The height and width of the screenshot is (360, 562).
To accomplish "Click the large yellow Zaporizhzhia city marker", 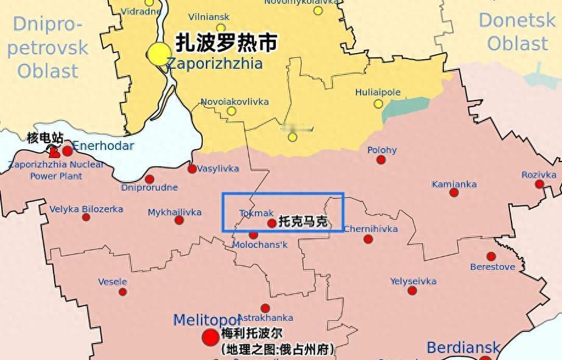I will [x=160, y=54].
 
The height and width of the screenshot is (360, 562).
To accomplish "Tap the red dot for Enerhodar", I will [x=67, y=150].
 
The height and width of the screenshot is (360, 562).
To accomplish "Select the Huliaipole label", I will [x=378, y=93].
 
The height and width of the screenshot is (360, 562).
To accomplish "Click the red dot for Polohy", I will [x=381, y=160].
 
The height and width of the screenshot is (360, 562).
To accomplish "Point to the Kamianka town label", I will [x=454, y=184].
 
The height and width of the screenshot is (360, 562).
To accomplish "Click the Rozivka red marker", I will [x=539, y=184].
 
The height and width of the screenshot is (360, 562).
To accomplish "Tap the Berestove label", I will [x=493, y=267].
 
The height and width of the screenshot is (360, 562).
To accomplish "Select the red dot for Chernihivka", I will [x=368, y=239].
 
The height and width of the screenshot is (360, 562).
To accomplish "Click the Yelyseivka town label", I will [x=413, y=281].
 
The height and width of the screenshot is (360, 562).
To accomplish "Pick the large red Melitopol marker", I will [x=211, y=337].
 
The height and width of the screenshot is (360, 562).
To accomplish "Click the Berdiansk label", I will [x=463, y=348].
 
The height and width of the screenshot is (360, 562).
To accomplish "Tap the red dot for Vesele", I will [x=123, y=292].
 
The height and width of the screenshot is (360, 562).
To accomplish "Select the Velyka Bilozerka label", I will [x=86, y=209].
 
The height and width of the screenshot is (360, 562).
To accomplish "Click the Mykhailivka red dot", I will [x=179, y=220].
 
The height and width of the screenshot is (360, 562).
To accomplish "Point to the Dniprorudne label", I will [x=149, y=187].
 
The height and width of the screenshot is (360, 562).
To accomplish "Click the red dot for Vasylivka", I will [x=192, y=169].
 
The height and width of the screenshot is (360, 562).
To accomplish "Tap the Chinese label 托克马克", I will [x=303, y=222].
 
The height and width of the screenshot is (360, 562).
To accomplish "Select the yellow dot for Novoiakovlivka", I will [x=231, y=111].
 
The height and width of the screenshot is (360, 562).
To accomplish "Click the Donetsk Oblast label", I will [x=517, y=32].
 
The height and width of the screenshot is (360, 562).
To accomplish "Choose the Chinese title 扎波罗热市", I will [x=227, y=43].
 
